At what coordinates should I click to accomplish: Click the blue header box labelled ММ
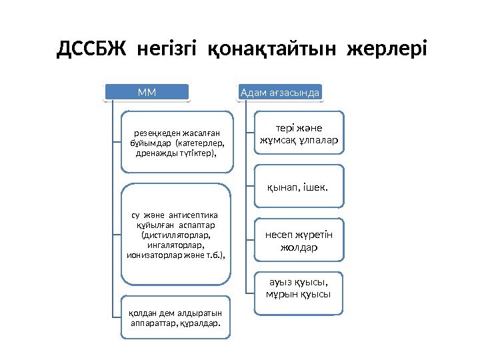coord(147,92)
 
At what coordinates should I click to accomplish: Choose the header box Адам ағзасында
coord(280,92)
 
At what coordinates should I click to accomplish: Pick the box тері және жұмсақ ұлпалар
coord(299,135)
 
